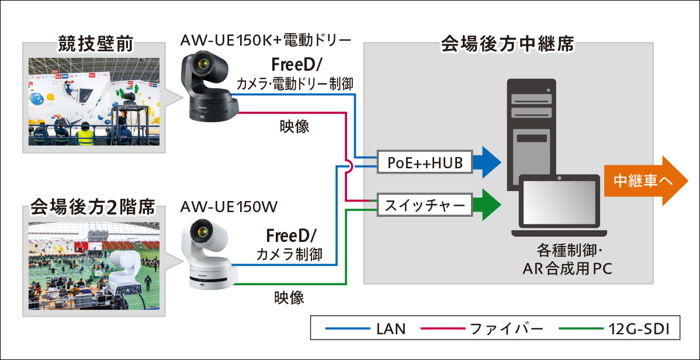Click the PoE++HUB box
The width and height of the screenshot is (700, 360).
425,163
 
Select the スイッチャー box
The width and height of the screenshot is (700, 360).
425,205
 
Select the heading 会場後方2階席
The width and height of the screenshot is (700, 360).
93,207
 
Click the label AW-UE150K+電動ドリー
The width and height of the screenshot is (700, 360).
266,41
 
